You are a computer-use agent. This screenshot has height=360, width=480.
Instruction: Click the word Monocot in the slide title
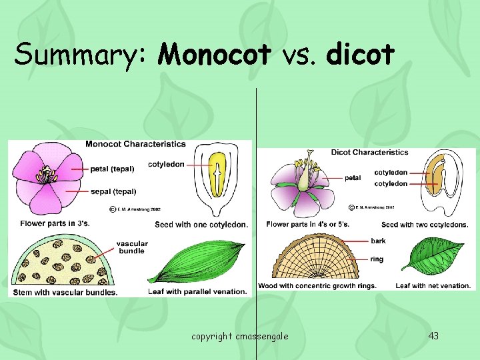(x=215, y=54)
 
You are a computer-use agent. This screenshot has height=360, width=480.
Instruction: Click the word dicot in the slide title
(x=360, y=54)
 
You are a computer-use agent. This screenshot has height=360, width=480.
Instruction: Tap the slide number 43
(x=433, y=335)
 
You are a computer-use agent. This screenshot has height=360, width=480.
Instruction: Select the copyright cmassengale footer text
(x=240, y=336)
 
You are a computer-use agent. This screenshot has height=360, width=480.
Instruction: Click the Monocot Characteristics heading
(x=135, y=144)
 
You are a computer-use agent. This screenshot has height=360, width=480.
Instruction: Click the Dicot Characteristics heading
(x=369, y=152)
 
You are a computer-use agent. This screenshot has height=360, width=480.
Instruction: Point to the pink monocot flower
(x=47, y=177)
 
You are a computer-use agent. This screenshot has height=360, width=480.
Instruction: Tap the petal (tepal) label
(x=114, y=169)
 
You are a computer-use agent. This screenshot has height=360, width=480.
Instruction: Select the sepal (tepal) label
(x=114, y=191)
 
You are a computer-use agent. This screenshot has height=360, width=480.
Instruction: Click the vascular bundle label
(x=131, y=248)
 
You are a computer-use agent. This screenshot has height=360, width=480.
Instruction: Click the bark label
(x=378, y=241)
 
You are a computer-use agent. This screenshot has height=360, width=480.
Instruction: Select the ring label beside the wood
(x=377, y=259)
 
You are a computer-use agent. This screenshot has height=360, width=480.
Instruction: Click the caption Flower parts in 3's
(x=55, y=223)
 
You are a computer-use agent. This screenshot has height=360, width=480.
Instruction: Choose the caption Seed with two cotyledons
(x=425, y=225)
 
